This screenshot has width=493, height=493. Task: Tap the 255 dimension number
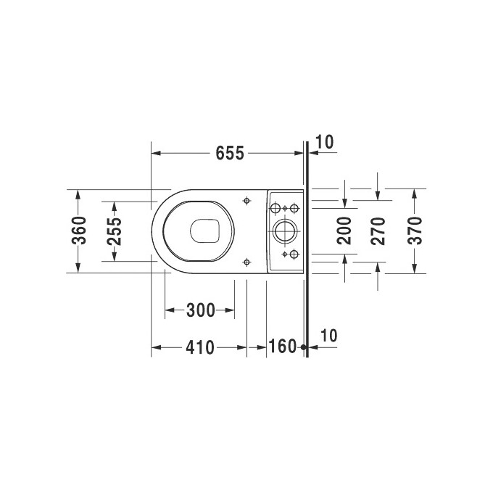115,231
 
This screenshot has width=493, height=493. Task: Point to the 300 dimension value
200,311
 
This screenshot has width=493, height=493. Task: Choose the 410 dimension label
199,347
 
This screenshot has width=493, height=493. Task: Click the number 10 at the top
325,142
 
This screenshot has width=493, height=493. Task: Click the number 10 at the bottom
328,336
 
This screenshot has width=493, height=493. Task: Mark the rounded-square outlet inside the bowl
205,231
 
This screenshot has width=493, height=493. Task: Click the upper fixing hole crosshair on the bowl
248,199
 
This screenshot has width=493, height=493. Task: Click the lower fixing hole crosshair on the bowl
248,262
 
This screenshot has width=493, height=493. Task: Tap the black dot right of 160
304,347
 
